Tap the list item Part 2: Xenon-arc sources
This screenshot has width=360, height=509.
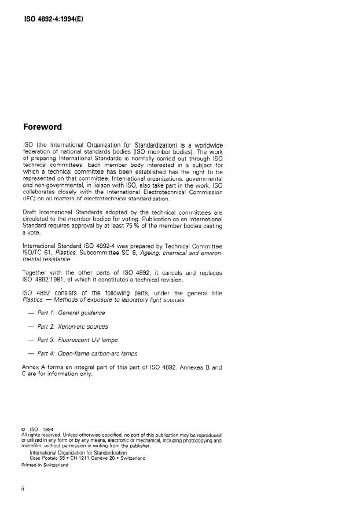pos(72,327)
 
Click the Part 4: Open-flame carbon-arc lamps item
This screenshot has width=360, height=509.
pos(87,354)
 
